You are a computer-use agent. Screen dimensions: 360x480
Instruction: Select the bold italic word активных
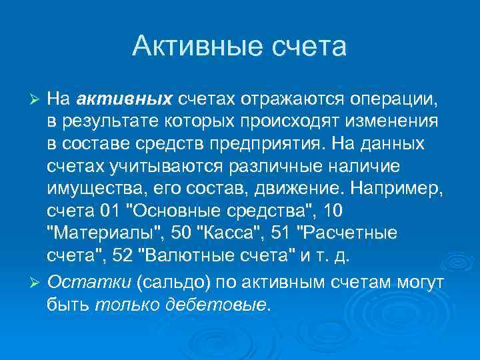tap(125, 100)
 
